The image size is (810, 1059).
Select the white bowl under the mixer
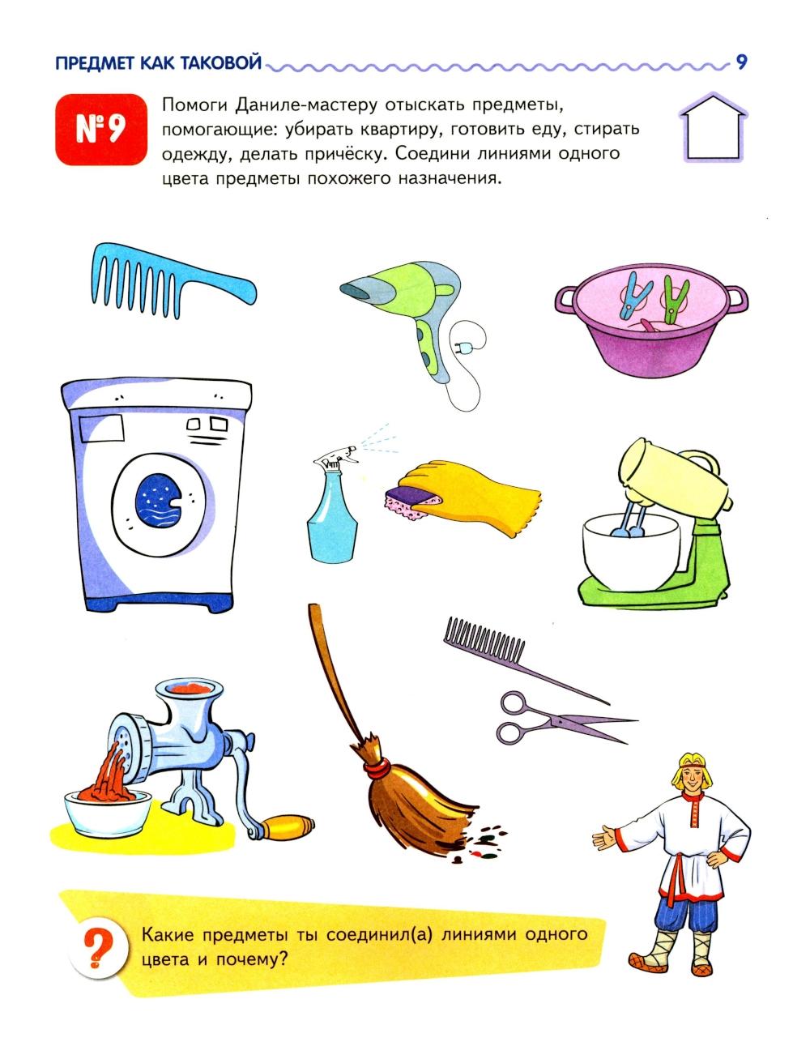tap(631, 551)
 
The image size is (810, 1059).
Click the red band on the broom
tap(377, 767)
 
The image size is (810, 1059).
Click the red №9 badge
tap(101, 130)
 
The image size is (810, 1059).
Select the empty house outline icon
tap(713, 126)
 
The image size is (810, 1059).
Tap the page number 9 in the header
tap(741, 62)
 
